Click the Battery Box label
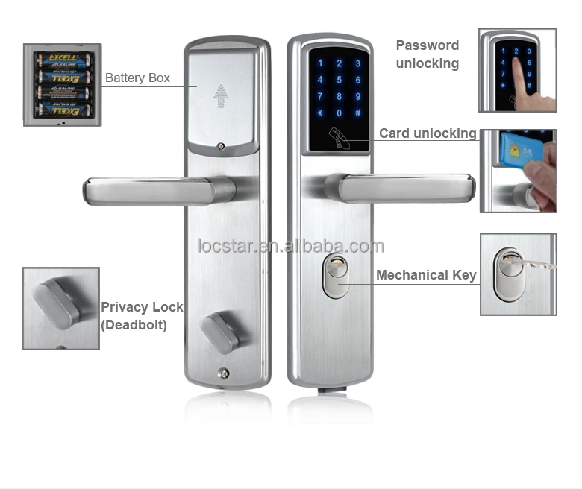coord(137,78)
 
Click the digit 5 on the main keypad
coord(339,80)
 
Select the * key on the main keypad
coord(320,113)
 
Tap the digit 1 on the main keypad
coord(320,64)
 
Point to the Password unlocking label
coord(427,54)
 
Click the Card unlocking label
coord(428,133)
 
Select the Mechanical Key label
coord(426,275)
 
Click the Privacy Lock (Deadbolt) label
coord(142,316)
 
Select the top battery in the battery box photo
coord(63,59)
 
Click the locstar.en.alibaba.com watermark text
coord(291,246)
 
